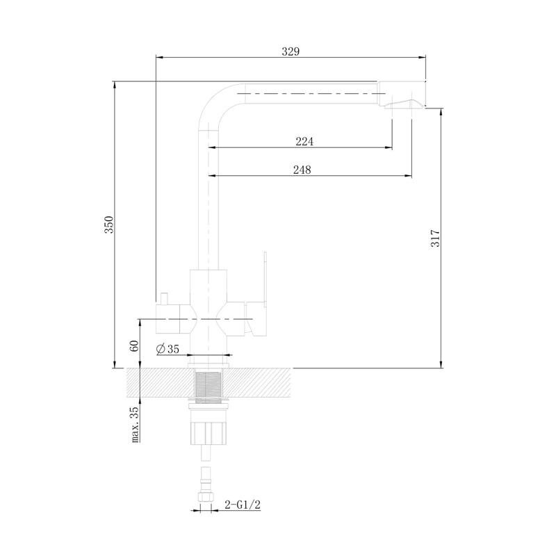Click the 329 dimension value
(x=291, y=51)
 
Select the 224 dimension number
(x=304, y=142)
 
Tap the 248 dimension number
(x=302, y=170)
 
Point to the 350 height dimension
(x=108, y=224)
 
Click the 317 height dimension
(x=435, y=238)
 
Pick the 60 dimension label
(x=134, y=345)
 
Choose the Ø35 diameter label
(x=167, y=349)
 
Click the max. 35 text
(x=135, y=425)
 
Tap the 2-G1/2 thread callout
(x=243, y=505)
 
